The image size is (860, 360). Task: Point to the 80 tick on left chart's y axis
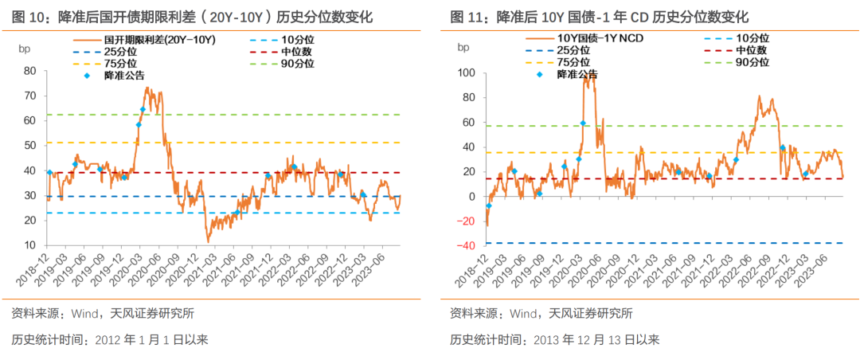(x=30, y=70)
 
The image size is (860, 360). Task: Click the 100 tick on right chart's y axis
(x=467, y=73)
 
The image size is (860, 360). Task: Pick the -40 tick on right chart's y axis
(x=467, y=246)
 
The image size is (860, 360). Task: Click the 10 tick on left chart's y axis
(x=30, y=245)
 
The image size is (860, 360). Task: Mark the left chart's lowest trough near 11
(x=209, y=241)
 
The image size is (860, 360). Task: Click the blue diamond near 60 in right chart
(x=583, y=123)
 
